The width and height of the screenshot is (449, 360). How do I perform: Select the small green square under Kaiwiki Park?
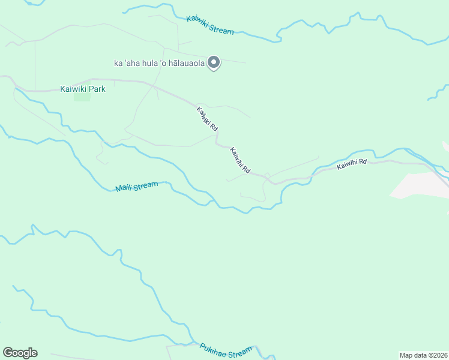click(x=82, y=97)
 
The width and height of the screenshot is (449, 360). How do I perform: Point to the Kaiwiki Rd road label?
click(x=206, y=119)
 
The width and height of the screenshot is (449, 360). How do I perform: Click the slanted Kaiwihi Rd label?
click(x=240, y=161)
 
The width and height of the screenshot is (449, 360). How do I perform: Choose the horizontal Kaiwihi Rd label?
click(x=351, y=165)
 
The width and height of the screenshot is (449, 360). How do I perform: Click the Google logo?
click(x=20, y=353)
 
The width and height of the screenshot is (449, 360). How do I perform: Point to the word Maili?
click(x=124, y=189)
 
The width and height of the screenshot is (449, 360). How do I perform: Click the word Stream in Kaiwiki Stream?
click(x=221, y=28)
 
